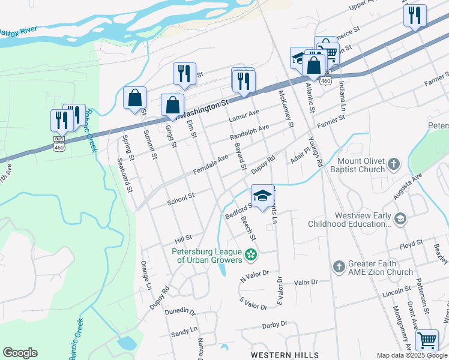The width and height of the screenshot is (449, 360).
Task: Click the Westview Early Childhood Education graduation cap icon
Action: click(400, 219)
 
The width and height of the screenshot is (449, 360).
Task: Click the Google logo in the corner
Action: click(20, 353)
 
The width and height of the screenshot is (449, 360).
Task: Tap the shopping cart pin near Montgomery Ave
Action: click(427, 340)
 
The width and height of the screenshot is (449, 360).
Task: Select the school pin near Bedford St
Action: click(262, 196)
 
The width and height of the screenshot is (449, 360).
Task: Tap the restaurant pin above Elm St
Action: click(184, 73)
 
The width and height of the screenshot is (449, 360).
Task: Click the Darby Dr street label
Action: click(275, 325)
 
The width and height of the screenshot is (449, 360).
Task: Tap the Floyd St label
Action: click(411, 244)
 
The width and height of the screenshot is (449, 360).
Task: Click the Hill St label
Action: click(183, 238)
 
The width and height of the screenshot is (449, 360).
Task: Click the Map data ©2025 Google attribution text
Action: click(411, 355)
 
